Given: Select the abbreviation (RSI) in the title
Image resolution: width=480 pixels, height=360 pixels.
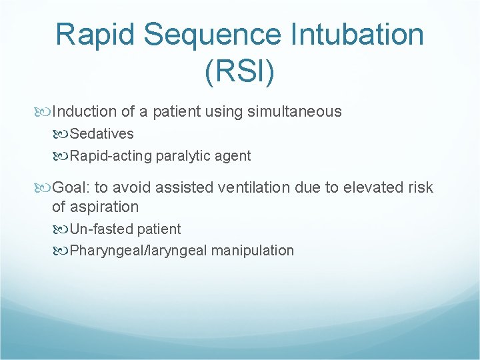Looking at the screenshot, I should pos(239,71).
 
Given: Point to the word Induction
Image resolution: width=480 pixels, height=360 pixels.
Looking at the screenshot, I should pos(81,111).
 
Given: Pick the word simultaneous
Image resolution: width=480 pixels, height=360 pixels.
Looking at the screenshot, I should pos(294,111).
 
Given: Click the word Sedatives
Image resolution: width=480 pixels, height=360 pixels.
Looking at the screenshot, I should pos(101,134).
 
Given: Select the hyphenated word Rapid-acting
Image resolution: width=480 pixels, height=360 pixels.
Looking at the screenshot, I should pos(111,156).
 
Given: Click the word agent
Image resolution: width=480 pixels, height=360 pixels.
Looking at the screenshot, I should pos(234,156).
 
